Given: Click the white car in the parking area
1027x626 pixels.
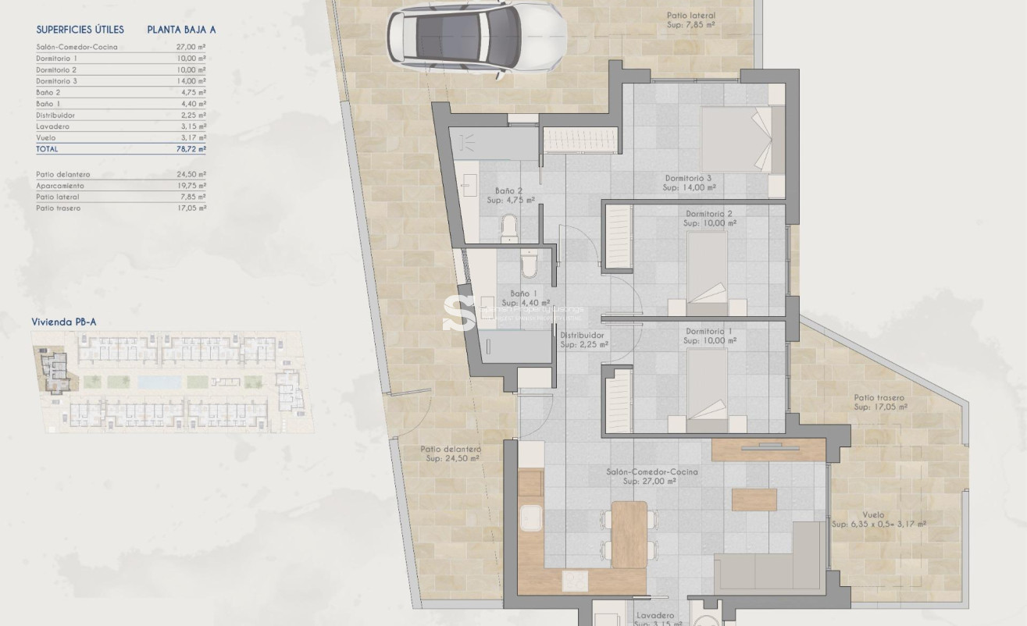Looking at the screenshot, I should [x=476, y=36].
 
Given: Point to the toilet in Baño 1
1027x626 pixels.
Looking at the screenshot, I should [x=529, y=265].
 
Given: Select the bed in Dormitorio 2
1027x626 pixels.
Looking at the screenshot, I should [x=708, y=270].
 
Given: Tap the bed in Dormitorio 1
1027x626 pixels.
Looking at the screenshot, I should [x=708, y=387].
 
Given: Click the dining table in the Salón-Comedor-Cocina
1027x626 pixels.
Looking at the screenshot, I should [x=629, y=534].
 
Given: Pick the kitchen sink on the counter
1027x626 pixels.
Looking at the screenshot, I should [x=533, y=518].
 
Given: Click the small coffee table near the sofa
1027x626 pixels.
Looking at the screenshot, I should [x=754, y=500].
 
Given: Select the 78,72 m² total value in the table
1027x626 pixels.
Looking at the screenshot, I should [x=191, y=148].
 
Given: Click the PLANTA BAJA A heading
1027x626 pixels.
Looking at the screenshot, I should [x=181, y=30].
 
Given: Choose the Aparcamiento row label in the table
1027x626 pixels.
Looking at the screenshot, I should [x=60, y=186].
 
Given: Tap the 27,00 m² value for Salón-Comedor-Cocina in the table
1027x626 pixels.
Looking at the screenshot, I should [x=191, y=48].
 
